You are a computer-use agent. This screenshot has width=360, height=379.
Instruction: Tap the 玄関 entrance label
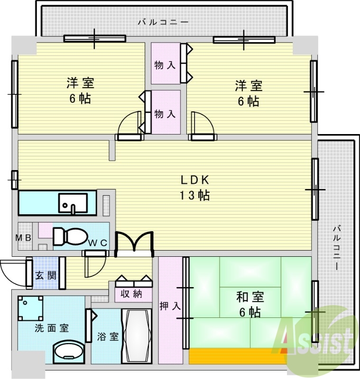click(x=46, y=275)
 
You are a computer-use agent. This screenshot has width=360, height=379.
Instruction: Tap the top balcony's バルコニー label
click(x=163, y=22)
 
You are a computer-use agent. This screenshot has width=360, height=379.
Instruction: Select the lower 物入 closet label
click(x=166, y=114)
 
